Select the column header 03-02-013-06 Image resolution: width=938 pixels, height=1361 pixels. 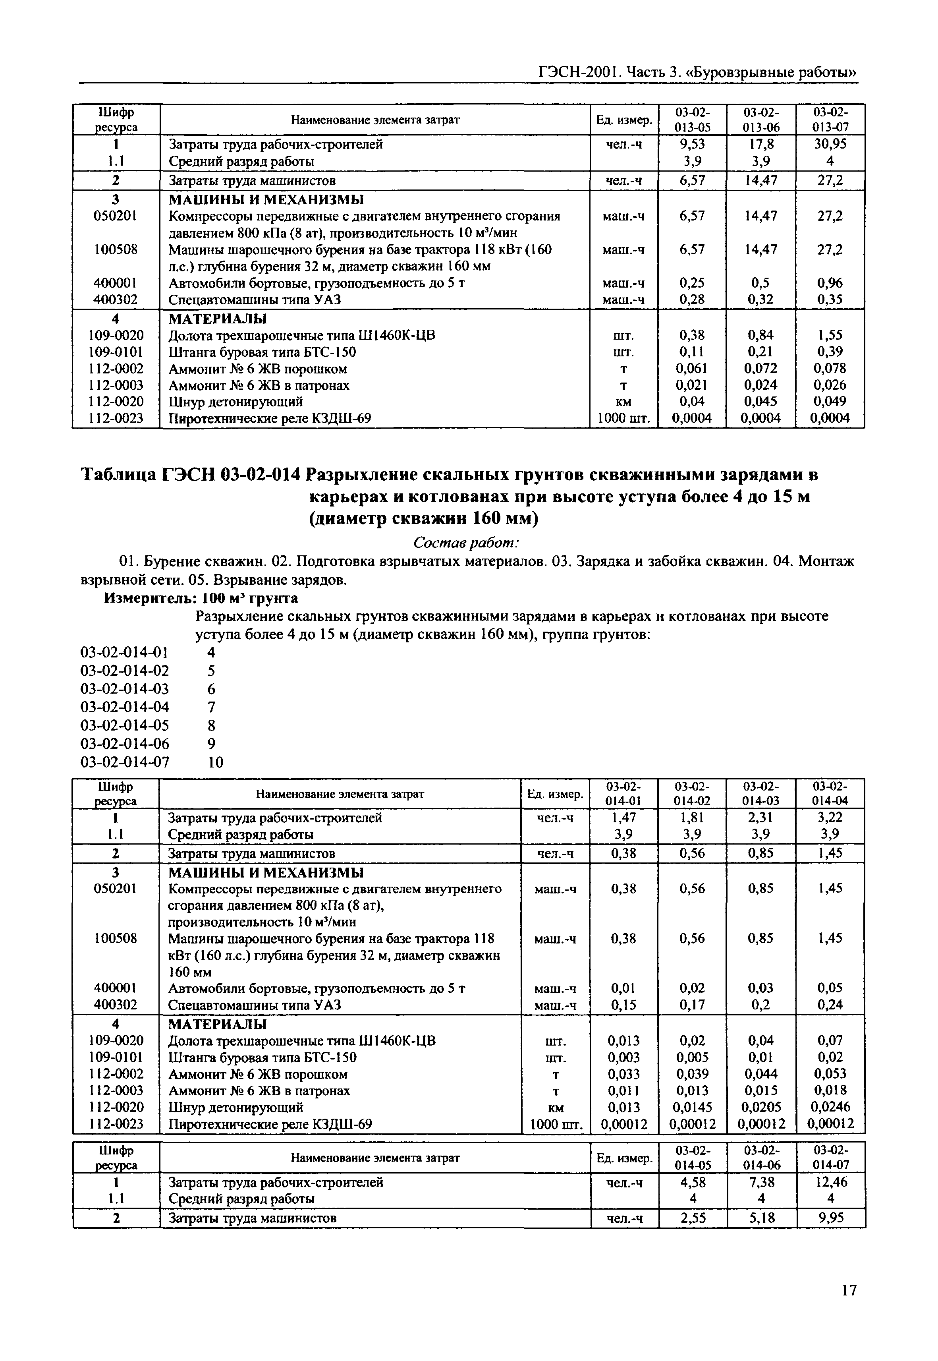pyautogui.click(x=761, y=119)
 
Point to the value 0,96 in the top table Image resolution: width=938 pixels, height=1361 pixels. pyautogui.click(x=830, y=283)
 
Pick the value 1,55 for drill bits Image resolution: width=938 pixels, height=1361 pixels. pyautogui.click(x=830, y=335)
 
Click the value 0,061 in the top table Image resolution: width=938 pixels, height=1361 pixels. pyautogui.click(x=692, y=369)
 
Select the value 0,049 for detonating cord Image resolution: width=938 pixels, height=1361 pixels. pyautogui.click(x=830, y=402)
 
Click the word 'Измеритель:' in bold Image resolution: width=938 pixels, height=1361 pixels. pyautogui.click(x=151, y=599)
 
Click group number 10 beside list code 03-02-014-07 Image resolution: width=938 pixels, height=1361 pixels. pyautogui.click(x=216, y=762)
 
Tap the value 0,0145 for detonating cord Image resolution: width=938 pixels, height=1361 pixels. pyautogui.click(x=692, y=1107)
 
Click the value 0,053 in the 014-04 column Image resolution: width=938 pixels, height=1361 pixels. pyautogui.click(x=830, y=1074)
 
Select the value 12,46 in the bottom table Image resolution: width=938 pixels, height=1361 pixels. pyautogui.click(x=830, y=1182)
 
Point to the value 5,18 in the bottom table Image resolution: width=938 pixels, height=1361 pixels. pyautogui.click(x=762, y=1218)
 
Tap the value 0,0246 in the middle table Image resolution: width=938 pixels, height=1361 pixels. pyautogui.click(x=830, y=1107)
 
